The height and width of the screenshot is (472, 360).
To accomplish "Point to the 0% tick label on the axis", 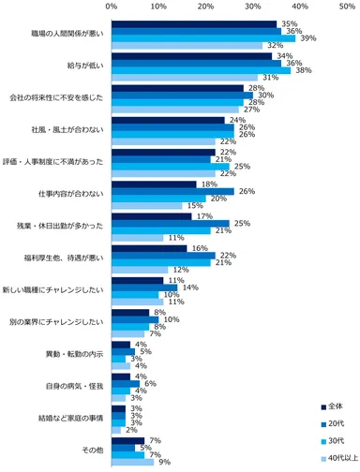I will click(x=112, y=7).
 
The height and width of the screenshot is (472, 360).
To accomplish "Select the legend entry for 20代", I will click(x=337, y=423).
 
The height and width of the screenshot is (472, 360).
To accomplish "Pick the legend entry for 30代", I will click(x=337, y=440).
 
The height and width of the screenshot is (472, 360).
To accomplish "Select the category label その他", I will click(x=94, y=450).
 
